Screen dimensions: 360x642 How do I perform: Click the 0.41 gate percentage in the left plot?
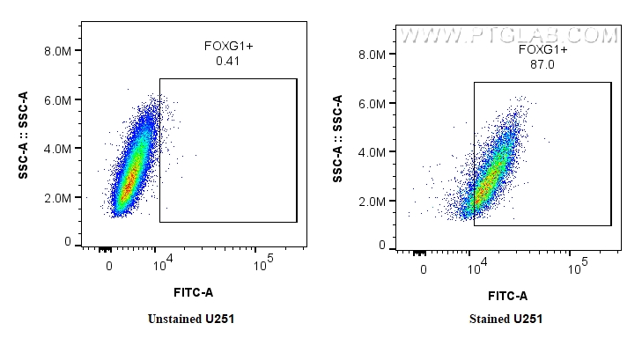click(227, 62)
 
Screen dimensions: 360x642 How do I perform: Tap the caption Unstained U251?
click(191, 319)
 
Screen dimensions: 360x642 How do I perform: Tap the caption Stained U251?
click(505, 319)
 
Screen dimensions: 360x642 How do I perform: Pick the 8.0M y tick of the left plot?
click(57, 51)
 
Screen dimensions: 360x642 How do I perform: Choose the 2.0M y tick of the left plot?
click(57, 197)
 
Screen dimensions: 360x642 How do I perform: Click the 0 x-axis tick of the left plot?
click(109, 265)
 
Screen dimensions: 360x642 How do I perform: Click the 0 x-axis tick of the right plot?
click(424, 268)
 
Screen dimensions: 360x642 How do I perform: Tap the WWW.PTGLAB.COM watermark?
click(508, 36)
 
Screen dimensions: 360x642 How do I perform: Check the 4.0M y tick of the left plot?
click(57, 149)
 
